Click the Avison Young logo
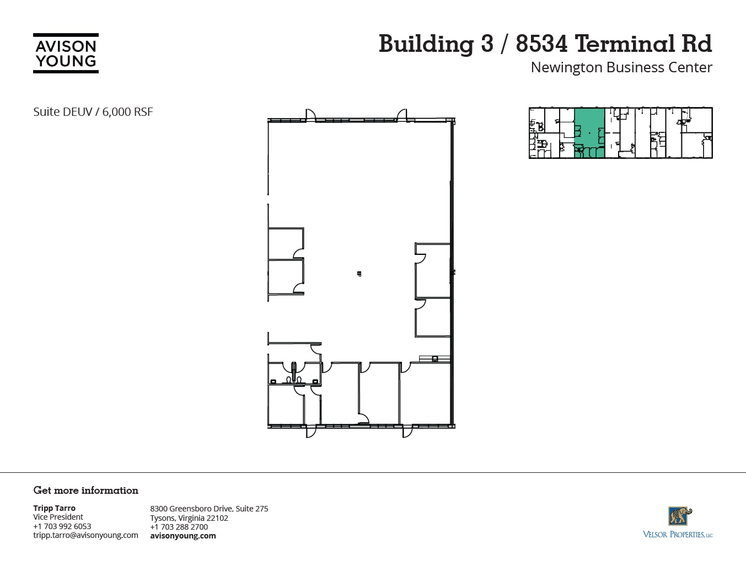click(66, 54)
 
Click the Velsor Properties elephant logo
click(680, 516)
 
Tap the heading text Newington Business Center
click(621, 67)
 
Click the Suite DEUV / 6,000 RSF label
click(93, 112)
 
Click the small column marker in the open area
click(359, 274)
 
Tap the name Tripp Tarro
click(54, 508)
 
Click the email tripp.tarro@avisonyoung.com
click(85, 535)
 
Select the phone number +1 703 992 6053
click(62, 526)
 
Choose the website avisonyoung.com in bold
click(183, 536)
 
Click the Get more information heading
click(85, 490)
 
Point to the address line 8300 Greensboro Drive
click(209, 509)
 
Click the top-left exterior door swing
click(310, 114)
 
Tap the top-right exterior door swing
click(402, 114)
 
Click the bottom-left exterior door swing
click(312, 432)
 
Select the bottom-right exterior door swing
click(407, 432)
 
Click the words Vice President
click(58, 517)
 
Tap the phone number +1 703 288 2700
click(179, 527)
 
